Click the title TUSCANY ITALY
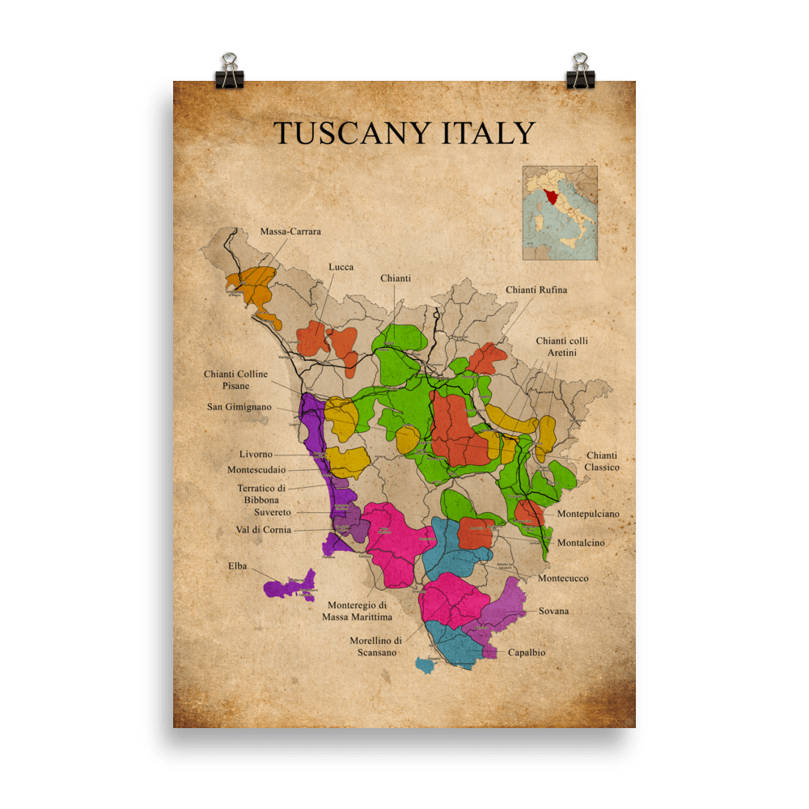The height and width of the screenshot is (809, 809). pyautogui.click(x=404, y=133)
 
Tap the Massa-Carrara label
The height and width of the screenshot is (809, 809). pyautogui.click(x=290, y=231)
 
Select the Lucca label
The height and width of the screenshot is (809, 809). pyautogui.click(x=341, y=267)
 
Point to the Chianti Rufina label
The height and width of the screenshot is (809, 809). pyautogui.click(x=536, y=290)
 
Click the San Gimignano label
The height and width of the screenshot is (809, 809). pyautogui.click(x=239, y=407)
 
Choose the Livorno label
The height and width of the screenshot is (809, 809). pyautogui.click(x=256, y=455)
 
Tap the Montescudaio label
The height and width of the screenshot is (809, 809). pyautogui.click(x=256, y=470)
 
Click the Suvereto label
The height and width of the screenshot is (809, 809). pyautogui.click(x=273, y=512)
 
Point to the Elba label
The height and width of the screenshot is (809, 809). pyautogui.click(x=237, y=566)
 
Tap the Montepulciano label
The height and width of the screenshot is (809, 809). pyautogui.click(x=588, y=514)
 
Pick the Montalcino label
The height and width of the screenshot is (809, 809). pyautogui.click(x=581, y=543)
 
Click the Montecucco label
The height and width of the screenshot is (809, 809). pyautogui.click(x=563, y=578)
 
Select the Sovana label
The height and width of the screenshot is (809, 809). pyautogui.click(x=553, y=611)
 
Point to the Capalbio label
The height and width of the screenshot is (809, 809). pyautogui.click(x=527, y=652)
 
